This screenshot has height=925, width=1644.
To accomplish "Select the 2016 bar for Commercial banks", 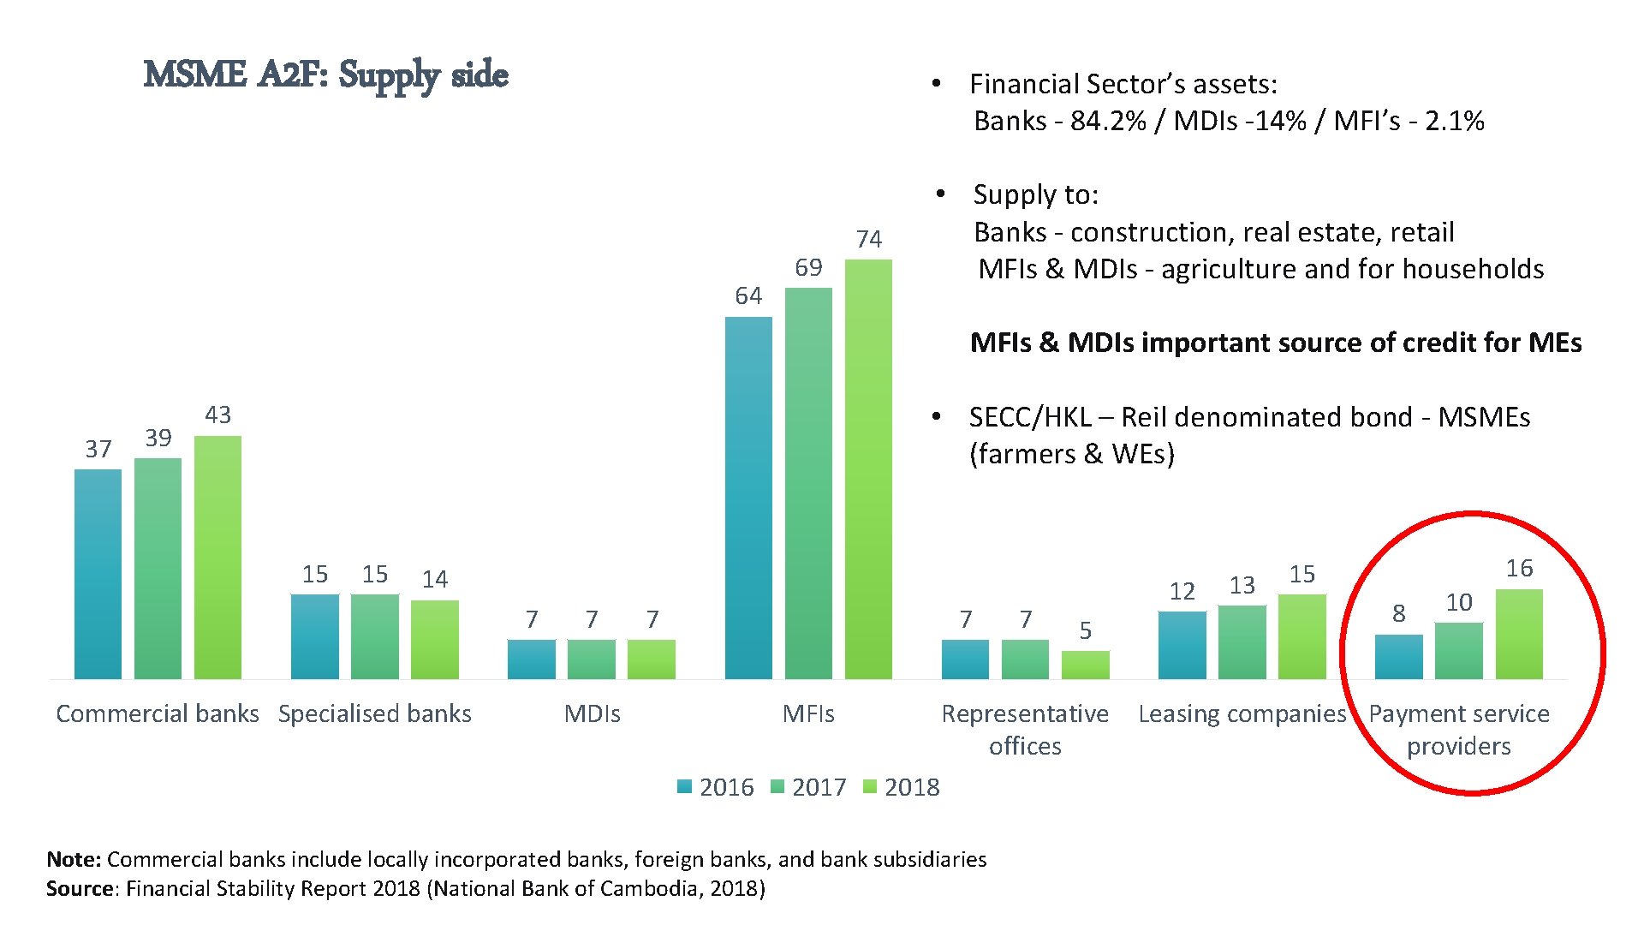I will click(98, 574).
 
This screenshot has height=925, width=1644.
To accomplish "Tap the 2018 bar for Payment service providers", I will click(1519, 634).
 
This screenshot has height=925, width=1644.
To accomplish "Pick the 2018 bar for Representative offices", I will click(1085, 665).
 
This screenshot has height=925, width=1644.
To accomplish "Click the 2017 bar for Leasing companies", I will click(1242, 642).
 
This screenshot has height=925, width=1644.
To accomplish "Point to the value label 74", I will click(868, 239).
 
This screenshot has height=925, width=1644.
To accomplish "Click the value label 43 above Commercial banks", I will click(217, 415).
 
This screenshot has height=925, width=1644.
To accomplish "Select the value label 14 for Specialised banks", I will click(434, 580).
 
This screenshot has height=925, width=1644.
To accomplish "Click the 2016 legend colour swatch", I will click(684, 786).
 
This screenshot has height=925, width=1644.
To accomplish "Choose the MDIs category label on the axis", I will click(592, 713).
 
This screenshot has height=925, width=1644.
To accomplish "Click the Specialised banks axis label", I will click(374, 713).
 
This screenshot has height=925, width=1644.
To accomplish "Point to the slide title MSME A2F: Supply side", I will click(325, 75).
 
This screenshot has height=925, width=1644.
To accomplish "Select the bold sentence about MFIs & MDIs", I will click(1275, 343).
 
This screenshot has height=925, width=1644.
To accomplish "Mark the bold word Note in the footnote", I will click(72, 859).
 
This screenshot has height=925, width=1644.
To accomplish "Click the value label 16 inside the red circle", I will click(1519, 569).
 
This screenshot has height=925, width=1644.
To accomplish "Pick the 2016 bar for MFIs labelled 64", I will click(748, 497).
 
